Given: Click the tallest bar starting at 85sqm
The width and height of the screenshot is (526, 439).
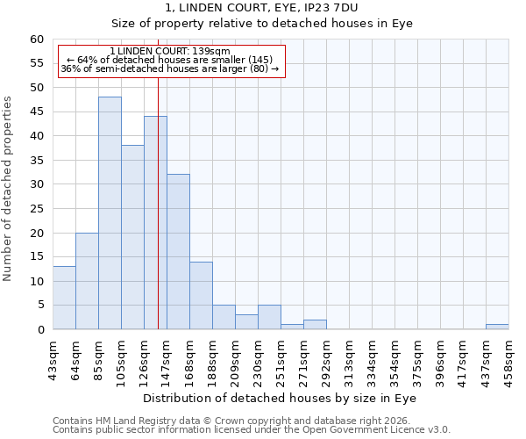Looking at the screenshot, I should tap(110, 213).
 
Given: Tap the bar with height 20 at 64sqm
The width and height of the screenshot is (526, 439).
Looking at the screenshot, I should tap(87, 281).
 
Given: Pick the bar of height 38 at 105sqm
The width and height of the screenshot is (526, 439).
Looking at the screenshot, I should tap(132, 237).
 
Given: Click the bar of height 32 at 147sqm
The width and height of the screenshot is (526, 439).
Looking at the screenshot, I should tap(178, 252).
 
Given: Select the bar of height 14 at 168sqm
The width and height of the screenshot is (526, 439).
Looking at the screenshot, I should tap(201, 295).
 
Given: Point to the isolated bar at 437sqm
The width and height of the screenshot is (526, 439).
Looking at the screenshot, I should tap(497, 327).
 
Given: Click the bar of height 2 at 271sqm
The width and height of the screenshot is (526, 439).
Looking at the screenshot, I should tap(315, 325).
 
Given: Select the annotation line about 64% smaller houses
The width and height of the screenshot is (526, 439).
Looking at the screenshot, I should tap(170, 60).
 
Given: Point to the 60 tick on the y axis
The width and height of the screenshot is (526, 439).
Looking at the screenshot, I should tap(37, 40).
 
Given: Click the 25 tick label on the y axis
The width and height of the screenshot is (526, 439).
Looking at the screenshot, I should tap(37, 209).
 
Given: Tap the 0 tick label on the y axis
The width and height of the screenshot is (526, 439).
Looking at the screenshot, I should tap(40, 330).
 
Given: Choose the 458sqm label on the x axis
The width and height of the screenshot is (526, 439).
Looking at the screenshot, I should tap(509, 358).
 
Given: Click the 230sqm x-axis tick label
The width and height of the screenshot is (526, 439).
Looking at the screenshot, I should tap(259, 358).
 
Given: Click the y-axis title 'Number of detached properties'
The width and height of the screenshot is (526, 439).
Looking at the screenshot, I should tap(9, 189).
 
